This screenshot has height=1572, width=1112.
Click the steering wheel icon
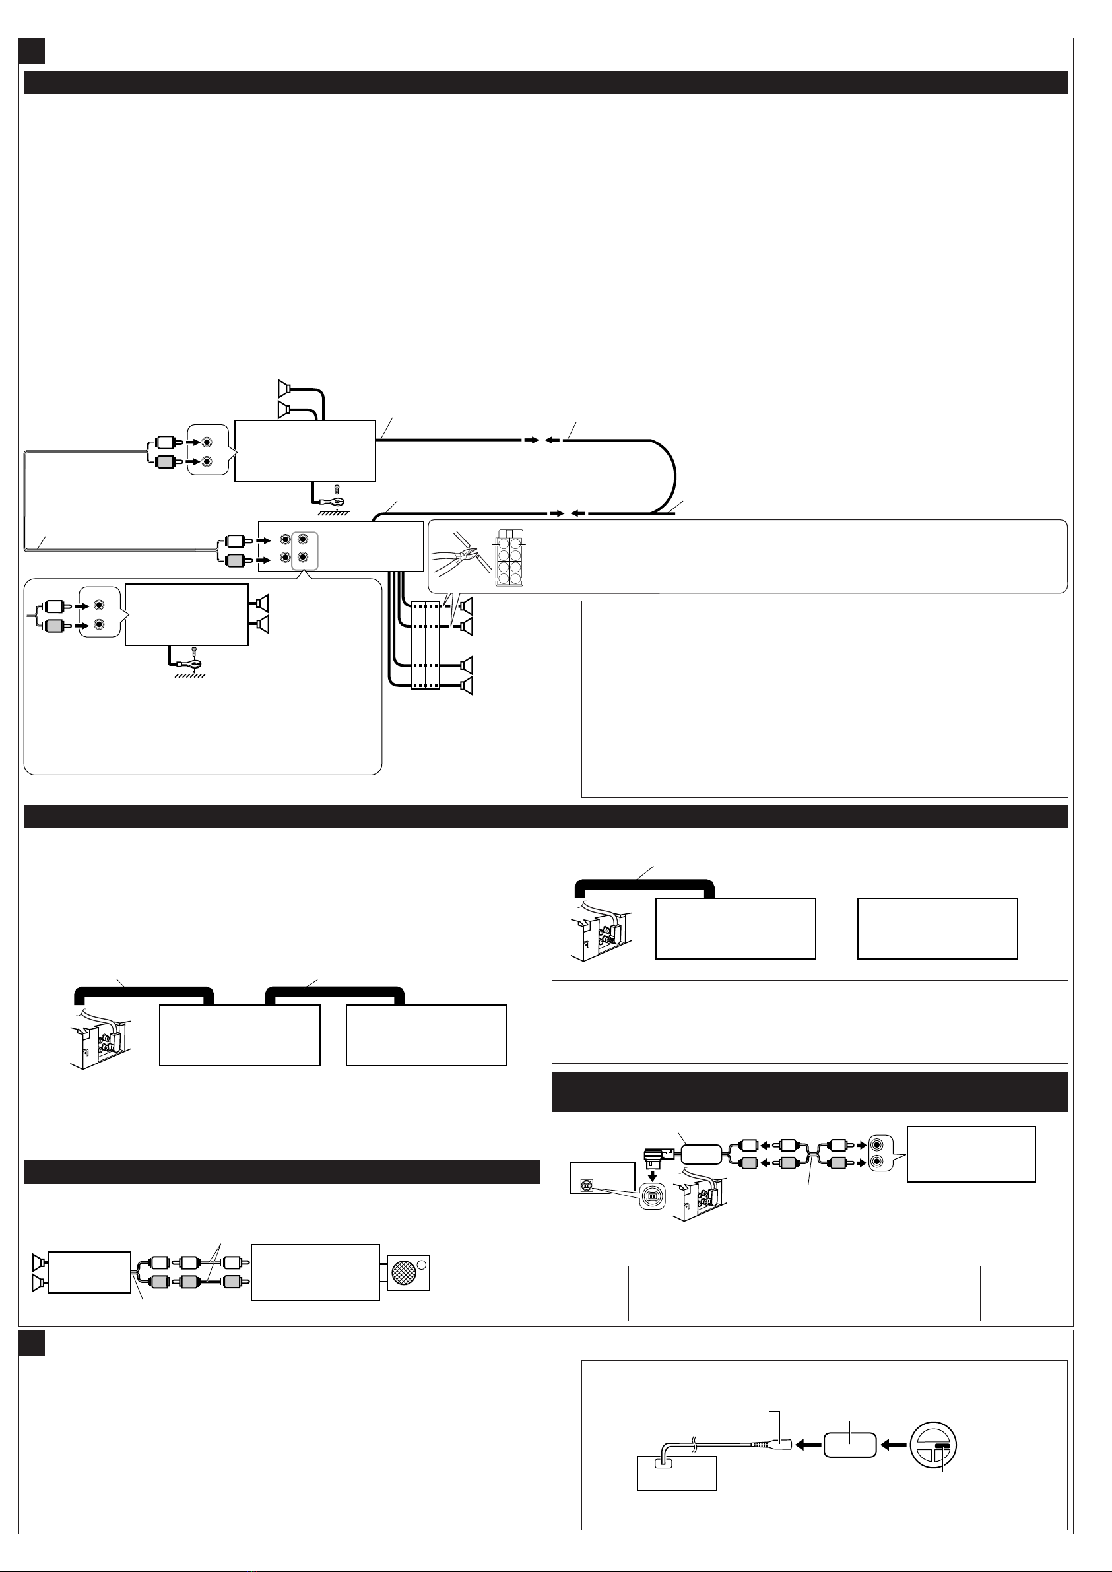pos(933,1446)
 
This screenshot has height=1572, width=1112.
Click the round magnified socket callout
pos(653,1195)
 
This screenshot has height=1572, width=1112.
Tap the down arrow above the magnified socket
pos(653,1175)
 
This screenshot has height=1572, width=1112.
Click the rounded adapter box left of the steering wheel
pos(850,1445)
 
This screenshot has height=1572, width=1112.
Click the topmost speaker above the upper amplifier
pos(284,388)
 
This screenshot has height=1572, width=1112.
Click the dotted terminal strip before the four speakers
pos(425,645)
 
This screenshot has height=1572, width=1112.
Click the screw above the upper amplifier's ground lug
pos(336,490)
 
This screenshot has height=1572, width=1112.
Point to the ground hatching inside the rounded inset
pos(190,675)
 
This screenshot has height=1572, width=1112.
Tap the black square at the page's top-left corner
pos(32,51)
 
